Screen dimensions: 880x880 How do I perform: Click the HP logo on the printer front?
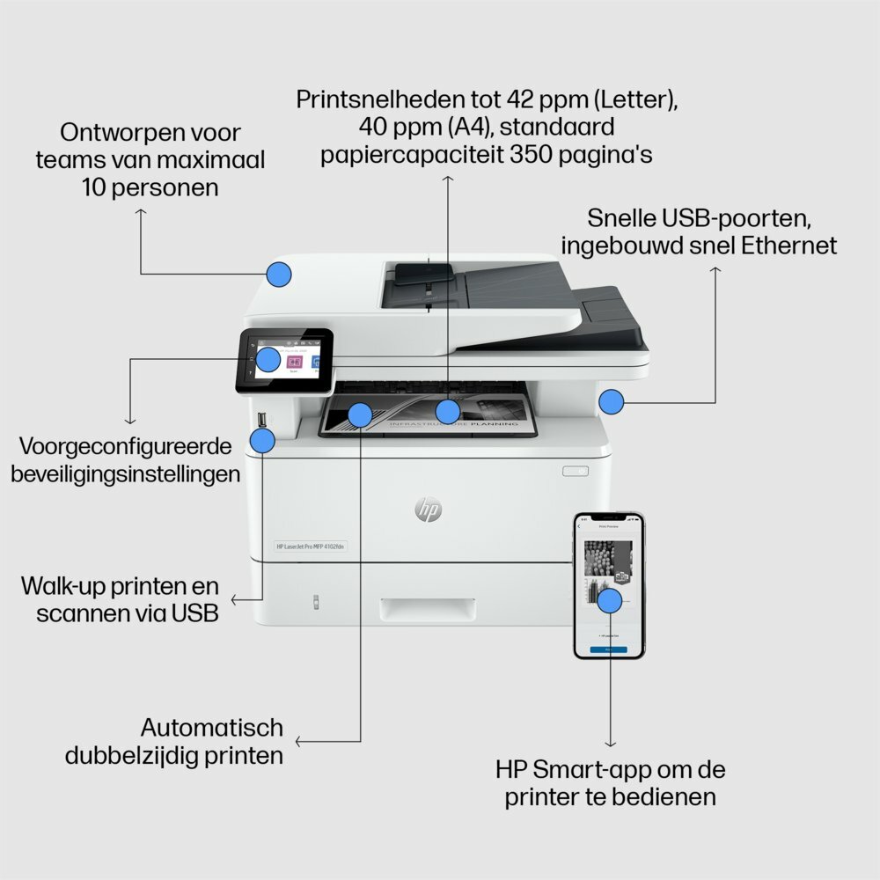428,508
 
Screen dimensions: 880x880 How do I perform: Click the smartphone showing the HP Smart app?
609,586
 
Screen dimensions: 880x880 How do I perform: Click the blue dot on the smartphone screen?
609,601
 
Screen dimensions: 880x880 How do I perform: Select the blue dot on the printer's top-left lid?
279,274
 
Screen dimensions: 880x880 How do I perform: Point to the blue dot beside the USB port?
262,441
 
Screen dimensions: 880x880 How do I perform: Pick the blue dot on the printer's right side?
612,402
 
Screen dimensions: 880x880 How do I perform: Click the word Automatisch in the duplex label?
212,728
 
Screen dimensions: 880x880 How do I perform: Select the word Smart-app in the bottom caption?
596,769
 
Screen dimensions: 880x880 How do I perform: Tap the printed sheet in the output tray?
429,419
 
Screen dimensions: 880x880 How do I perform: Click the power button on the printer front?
575,471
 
